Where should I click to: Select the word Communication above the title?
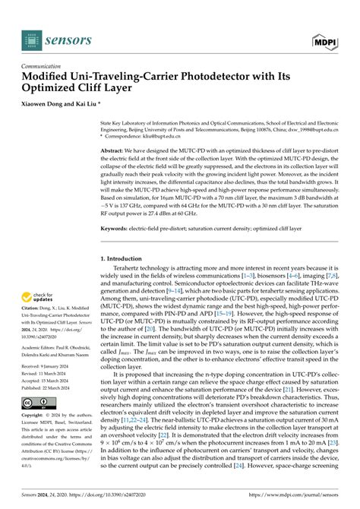pyautogui.click(x=45, y=66)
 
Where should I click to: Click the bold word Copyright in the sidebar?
pyautogui.click(x=35, y=416)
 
